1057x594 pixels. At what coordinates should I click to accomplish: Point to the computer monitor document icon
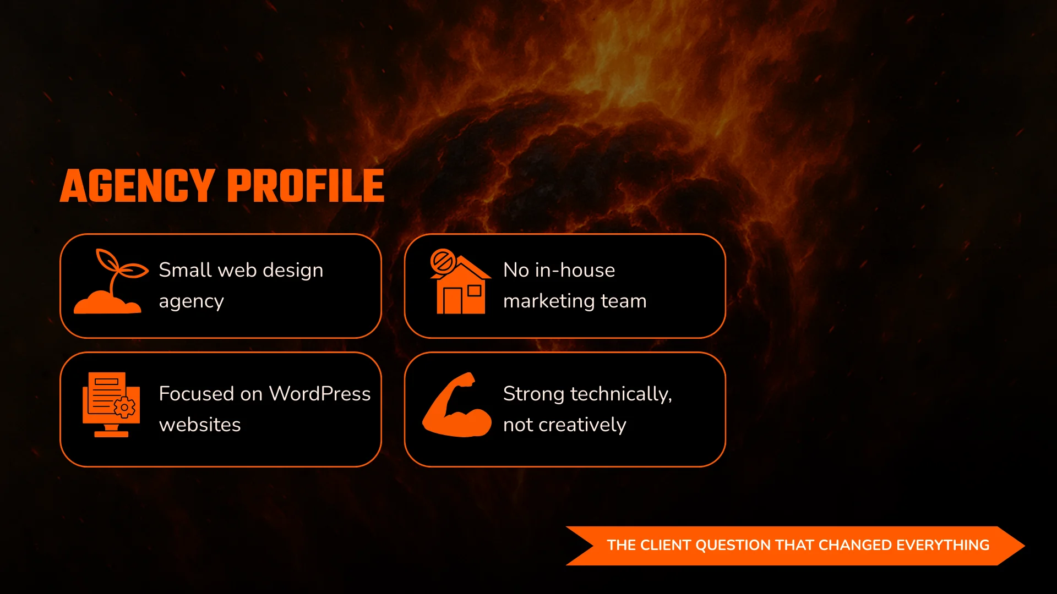(111, 404)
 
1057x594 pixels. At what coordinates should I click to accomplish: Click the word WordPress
(319, 394)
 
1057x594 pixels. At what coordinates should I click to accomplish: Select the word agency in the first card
(191, 301)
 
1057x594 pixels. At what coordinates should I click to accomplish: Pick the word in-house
(575, 270)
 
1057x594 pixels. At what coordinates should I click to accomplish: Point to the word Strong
(533, 394)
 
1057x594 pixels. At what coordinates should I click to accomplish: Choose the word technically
(621, 394)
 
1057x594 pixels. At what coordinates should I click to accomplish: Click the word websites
(200, 425)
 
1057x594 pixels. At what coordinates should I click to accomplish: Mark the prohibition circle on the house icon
(443, 261)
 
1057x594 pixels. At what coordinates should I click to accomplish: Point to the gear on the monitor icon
(125, 408)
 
